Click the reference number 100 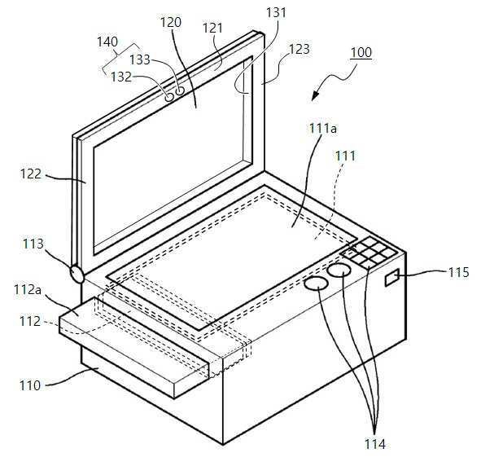pos(361,52)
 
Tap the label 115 pos(458,272)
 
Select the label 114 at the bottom pos(374,444)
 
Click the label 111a pos(323,129)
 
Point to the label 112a pos(28,290)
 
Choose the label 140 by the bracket pos(107,42)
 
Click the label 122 pos(31,174)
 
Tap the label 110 pos(30,385)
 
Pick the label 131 pos(276,12)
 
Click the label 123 pos(300,49)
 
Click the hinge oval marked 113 pos(77,274)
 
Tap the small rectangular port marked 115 pos(392,278)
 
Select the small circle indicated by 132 pos(169,97)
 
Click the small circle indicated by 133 pos(180,90)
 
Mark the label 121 pos(212,29)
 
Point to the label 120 pos(171,23)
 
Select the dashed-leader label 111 pos(345,156)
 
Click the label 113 pos(33,244)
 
